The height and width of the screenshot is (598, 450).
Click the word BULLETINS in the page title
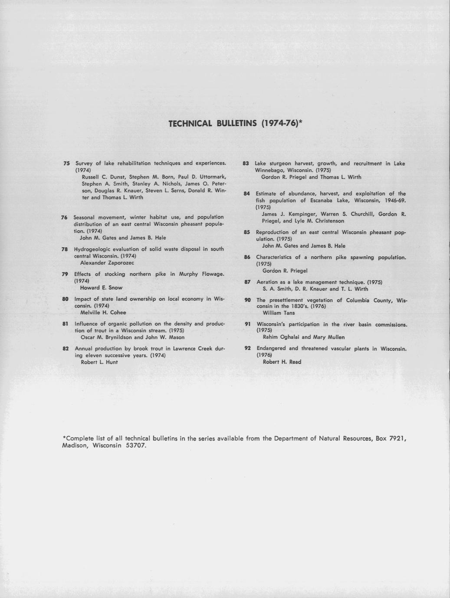(x=237, y=123)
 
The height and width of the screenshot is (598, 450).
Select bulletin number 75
(x=66, y=163)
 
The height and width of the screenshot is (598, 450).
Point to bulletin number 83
(x=246, y=163)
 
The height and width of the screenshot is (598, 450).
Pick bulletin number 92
(x=248, y=348)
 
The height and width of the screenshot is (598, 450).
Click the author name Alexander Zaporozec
(x=107, y=263)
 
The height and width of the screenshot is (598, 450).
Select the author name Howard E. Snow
(x=102, y=288)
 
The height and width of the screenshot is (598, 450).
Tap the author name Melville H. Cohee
(x=103, y=312)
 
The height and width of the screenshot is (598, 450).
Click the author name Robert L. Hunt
(x=99, y=362)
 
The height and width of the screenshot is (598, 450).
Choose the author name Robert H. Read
(x=282, y=362)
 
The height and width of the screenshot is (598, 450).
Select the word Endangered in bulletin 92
(x=271, y=348)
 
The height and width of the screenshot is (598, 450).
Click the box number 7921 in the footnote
(x=396, y=438)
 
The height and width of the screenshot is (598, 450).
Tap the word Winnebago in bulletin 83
(x=269, y=170)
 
